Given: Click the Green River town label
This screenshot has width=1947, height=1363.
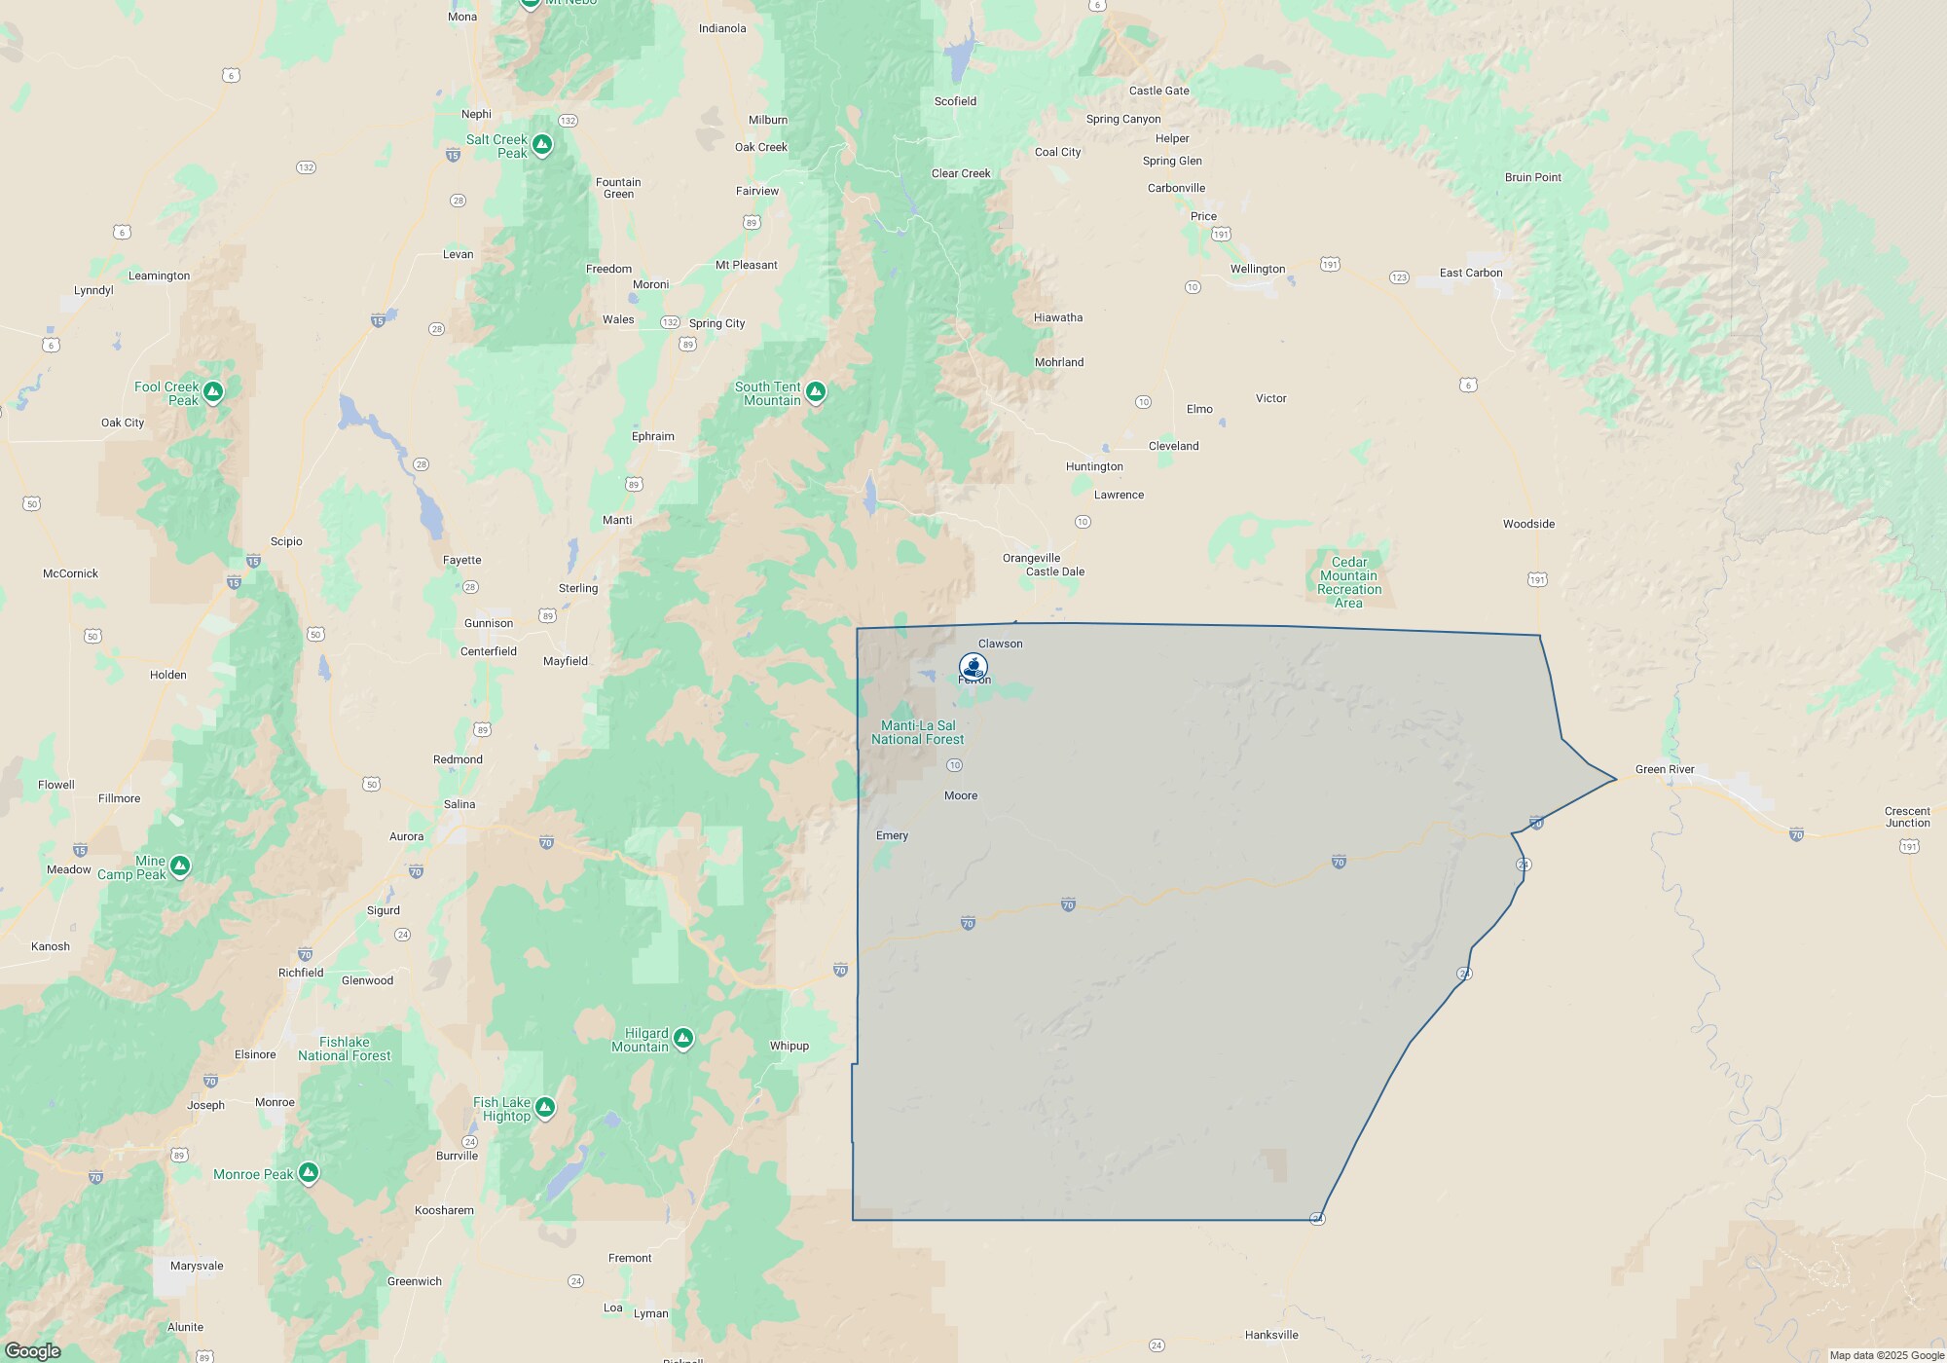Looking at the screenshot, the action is tap(1665, 769).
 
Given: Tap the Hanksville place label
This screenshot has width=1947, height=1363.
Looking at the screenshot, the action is tap(1270, 1335).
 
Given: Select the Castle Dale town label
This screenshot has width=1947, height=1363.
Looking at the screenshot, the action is tap(1054, 571).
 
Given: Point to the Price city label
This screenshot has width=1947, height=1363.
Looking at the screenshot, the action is tap(1203, 216).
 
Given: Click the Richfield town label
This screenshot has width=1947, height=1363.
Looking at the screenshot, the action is tap(301, 973).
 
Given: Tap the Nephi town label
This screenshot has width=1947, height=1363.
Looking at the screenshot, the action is tap(476, 114).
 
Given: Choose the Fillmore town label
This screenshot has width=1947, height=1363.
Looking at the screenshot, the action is tap(119, 798).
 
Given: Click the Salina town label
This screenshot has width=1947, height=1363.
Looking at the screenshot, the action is tap(459, 804).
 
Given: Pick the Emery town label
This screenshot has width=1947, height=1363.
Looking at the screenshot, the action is tap(892, 835).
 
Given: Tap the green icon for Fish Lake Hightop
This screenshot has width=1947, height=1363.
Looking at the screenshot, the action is tap(545, 1107).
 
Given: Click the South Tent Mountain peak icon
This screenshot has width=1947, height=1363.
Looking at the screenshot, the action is tap(816, 391).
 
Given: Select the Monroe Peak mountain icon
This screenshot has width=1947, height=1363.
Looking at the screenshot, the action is tap(309, 1173).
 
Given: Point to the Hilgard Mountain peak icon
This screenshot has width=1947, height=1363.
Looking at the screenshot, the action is tap(683, 1038).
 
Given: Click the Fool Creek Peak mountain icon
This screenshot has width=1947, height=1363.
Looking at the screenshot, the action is tap(213, 391).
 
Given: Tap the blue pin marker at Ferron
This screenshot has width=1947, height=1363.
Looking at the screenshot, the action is tap(973, 667).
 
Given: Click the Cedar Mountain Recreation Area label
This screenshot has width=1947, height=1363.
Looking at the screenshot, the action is tap(1348, 582).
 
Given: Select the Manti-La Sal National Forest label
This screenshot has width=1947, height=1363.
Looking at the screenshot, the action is tap(917, 732).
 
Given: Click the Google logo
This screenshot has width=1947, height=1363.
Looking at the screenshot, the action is tap(33, 1350).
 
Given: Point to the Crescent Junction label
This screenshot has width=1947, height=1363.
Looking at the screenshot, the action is tap(1907, 817).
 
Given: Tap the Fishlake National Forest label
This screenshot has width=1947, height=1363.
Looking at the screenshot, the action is tap(344, 1049).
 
